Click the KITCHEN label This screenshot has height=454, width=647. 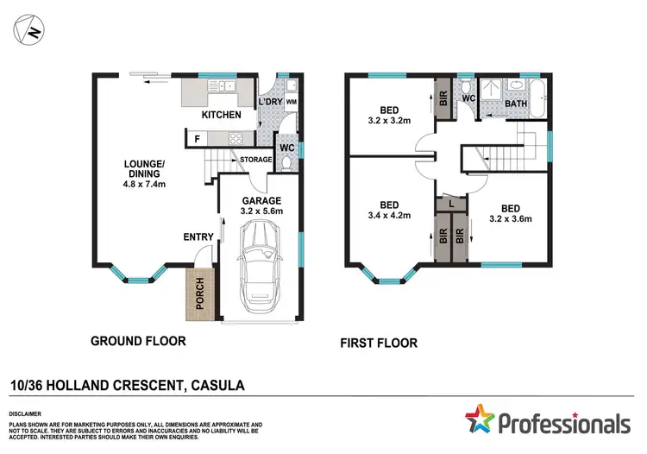click(221, 115)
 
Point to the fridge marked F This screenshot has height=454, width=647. click(197, 138)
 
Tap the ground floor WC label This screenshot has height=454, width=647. click(287, 147)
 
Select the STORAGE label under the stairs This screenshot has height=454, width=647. click(256, 160)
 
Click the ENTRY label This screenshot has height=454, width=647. click(198, 237)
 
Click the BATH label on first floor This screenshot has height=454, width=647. click(516, 104)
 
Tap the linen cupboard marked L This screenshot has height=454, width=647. click(453, 204)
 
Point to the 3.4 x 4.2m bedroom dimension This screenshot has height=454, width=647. click(387, 219)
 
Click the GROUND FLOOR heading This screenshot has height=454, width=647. click(138, 341)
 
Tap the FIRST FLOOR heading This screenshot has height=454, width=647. click(379, 343)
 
